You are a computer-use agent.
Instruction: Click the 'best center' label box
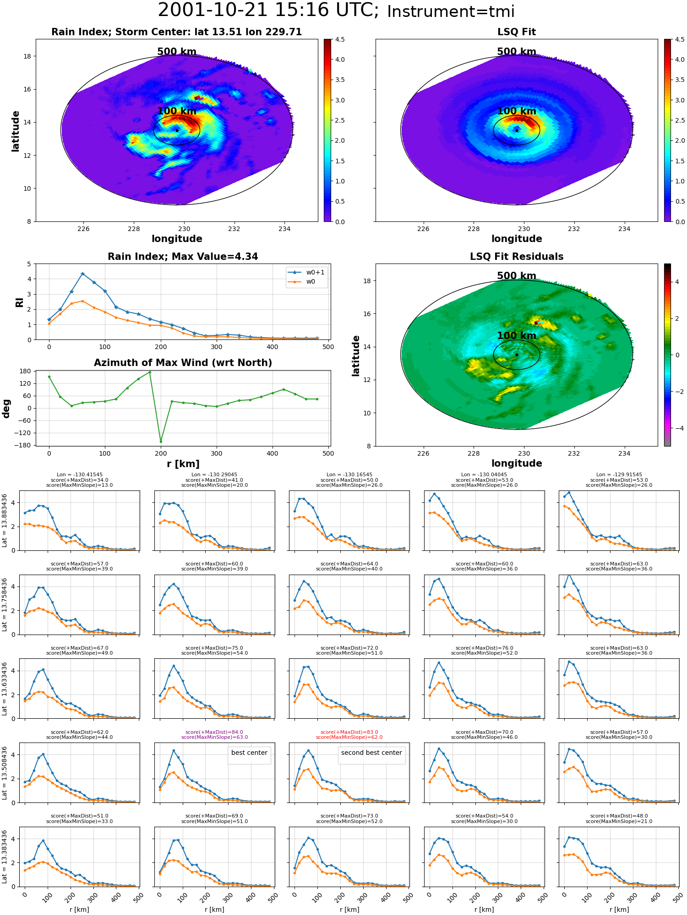[249, 753]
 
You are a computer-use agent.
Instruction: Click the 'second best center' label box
[371, 753]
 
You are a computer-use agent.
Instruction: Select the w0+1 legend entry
[307, 273]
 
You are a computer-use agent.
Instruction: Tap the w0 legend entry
[302, 282]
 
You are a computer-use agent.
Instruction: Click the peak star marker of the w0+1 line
[82, 274]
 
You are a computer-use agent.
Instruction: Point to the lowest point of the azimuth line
[161, 441]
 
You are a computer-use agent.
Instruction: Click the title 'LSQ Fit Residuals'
[517, 257]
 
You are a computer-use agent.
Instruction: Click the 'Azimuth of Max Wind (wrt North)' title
[183, 363]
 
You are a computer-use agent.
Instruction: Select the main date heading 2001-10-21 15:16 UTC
[268, 11]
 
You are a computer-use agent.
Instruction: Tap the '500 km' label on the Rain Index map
[177, 52]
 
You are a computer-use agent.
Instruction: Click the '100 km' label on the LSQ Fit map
[517, 111]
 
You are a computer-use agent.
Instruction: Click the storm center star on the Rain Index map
[177, 130]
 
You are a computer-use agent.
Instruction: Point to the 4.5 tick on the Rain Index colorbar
[340, 39]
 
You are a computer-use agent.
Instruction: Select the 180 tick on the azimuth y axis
[26, 371]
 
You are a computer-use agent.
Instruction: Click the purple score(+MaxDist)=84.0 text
[214, 732]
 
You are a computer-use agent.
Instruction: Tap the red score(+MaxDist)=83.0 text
[349, 732]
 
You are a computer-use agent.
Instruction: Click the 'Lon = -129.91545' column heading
[619, 474]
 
